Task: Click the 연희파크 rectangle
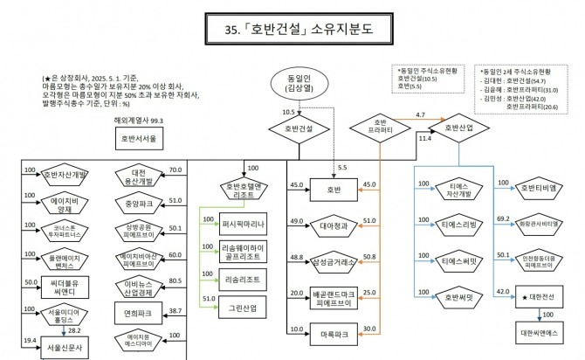tap(140, 311)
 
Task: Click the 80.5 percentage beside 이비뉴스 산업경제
tap(175, 281)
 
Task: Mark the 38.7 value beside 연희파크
tap(175, 311)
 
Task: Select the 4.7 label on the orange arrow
tap(420, 115)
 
